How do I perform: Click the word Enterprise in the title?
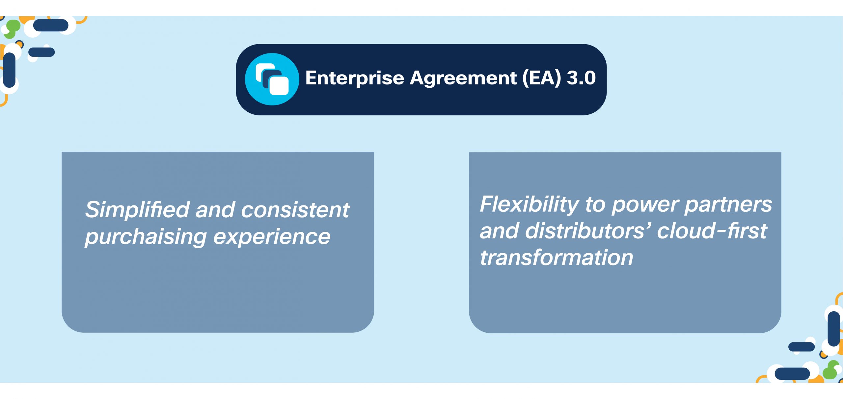[354, 78]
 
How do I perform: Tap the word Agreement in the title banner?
[463, 78]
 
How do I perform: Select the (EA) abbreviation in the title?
[542, 78]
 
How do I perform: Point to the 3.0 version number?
[581, 78]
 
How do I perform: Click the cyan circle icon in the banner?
[272, 79]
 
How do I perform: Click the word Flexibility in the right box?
[529, 204]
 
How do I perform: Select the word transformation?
[557, 257]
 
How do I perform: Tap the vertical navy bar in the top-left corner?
[9, 70]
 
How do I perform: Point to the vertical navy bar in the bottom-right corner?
[834, 329]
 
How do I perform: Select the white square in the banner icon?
[279, 85]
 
